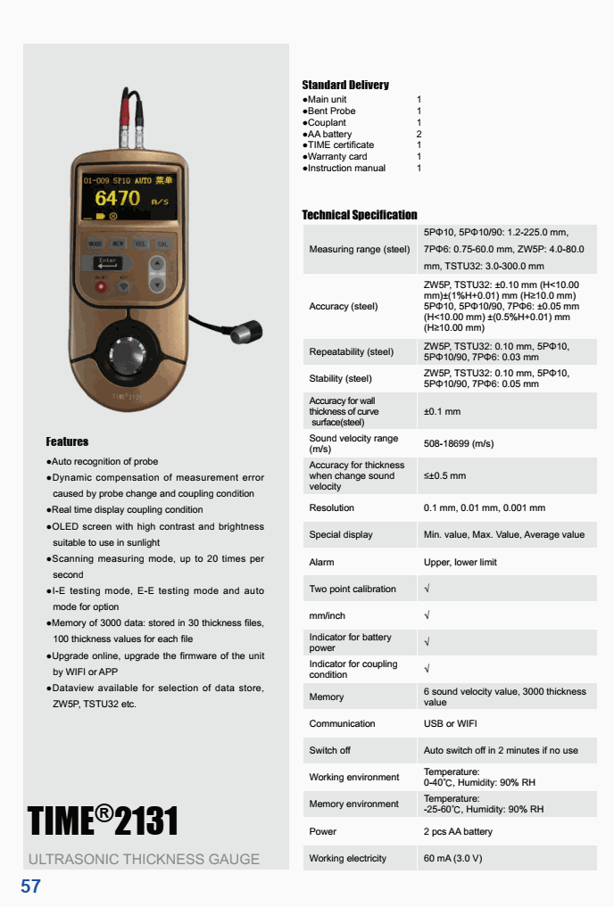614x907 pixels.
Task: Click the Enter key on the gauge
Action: coord(106,263)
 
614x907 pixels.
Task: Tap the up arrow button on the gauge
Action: coord(157,264)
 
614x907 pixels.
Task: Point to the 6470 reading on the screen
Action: coord(118,197)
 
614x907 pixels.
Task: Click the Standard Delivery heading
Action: coord(345,86)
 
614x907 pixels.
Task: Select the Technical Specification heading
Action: coord(359,215)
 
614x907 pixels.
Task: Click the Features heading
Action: coord(67,441)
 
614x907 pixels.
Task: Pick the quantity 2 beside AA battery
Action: coord(419,134)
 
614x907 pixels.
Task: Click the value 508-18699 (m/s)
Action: coord(458,443)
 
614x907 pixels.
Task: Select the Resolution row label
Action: coord(331,508)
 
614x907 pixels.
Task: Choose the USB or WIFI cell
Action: coord(450,723)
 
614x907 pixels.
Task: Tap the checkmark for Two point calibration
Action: coord(427,589)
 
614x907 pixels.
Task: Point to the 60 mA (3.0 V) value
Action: coord(452,858)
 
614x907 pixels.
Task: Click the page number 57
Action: coord(31,886)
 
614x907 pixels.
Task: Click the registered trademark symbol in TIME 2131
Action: coord(104,812)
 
